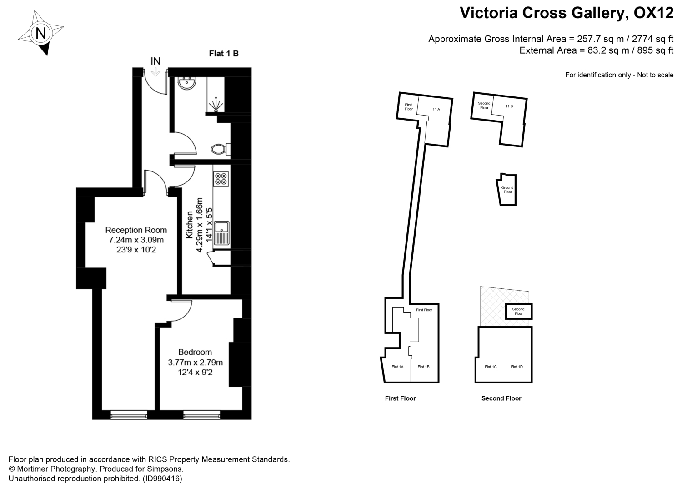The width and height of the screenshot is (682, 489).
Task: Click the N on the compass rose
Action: pos(41,33)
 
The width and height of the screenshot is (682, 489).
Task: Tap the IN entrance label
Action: pos(155,61)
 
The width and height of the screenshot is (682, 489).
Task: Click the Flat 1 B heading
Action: pos(224,54)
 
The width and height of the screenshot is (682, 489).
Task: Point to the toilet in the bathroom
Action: pos(221,149)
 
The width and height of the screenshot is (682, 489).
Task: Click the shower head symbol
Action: pos(216,105)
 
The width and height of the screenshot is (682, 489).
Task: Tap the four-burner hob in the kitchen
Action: pos(221,179)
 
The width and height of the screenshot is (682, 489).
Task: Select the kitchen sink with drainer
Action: pos(221,233)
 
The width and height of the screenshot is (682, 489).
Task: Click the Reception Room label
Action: pos(136,230)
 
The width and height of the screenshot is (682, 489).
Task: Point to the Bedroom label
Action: pos(195,352)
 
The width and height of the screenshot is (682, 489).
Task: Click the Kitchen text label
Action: pos(190,225)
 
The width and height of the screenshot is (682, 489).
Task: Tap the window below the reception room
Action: pos(129,415)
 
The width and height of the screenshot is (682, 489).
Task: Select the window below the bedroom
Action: pos(201,415)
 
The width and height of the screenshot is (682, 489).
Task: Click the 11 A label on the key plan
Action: pos(436,109)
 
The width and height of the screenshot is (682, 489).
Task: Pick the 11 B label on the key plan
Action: pos(509,106)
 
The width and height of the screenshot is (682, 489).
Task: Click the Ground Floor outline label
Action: pos(507,190)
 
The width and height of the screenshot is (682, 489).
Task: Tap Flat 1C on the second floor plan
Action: pos(491,367)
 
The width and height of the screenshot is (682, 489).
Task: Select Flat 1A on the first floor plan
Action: pos(398,367)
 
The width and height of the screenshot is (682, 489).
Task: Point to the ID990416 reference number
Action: pos(163,479)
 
